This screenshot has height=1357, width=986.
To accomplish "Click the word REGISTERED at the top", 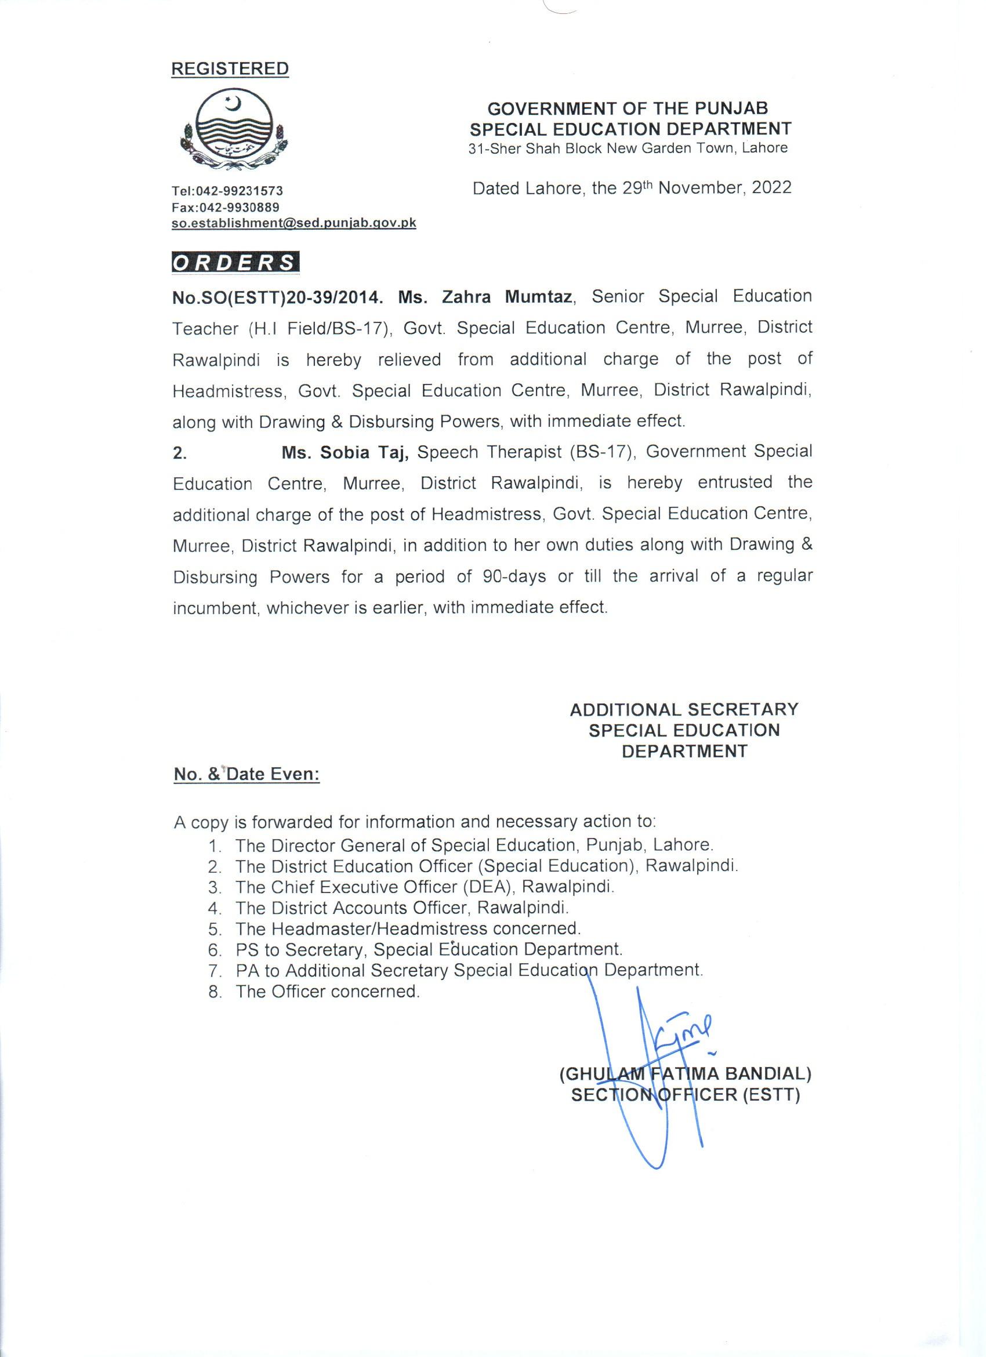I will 230,69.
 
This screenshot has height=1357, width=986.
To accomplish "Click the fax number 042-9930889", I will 240,207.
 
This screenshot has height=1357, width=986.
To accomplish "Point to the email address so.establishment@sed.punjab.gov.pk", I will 293,223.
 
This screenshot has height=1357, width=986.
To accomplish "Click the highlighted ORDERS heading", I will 235,263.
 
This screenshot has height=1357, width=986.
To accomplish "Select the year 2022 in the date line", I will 771,188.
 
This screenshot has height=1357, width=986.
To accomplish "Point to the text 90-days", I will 513,577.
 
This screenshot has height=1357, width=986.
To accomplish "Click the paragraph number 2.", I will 179,453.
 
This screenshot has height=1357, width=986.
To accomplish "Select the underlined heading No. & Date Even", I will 246,774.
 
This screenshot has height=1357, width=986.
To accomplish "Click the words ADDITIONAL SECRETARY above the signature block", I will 684,710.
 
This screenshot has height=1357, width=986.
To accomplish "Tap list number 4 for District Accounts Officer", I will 215,908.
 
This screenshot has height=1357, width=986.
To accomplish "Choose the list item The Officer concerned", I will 327,992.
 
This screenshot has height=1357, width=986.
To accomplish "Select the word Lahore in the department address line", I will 764,148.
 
